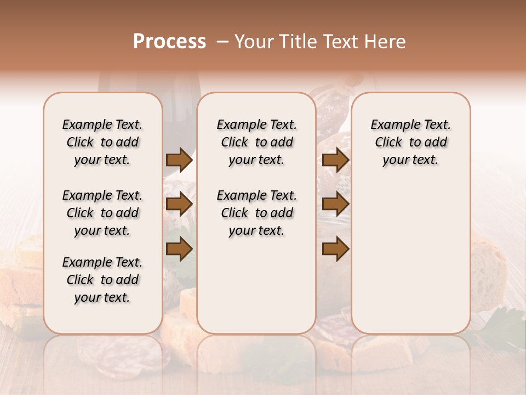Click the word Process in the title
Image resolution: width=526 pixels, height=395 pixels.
169,42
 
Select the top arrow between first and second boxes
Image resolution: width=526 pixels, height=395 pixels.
179,160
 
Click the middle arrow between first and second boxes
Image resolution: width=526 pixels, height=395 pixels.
179,204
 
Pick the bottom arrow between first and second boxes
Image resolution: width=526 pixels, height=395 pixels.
179,249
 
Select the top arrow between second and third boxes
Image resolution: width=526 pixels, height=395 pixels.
335,160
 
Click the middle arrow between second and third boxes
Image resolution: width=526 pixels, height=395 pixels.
335,204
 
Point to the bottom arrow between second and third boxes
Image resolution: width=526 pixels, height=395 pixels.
335,249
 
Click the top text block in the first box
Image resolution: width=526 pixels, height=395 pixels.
102,142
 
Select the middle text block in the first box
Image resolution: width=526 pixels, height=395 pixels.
102,213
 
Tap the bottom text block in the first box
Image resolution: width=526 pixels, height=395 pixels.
102,280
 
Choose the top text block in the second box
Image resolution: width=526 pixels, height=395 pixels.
256,142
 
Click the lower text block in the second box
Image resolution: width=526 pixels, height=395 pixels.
256,213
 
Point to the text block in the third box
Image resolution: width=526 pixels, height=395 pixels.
411,142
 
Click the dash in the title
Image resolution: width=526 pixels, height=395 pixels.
222,42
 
